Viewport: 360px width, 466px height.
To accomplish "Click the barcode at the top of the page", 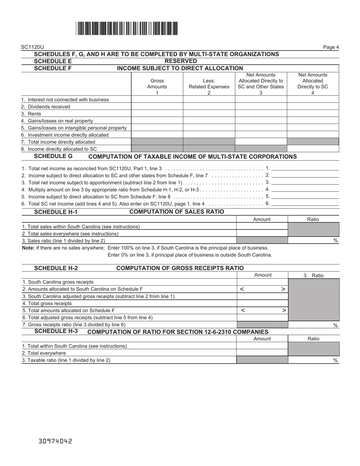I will pos(127,29).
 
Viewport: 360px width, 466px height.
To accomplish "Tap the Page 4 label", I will pos(331,47).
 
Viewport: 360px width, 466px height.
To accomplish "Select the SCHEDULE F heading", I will pos(53,68).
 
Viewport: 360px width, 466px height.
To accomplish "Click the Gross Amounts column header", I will pos(157,84).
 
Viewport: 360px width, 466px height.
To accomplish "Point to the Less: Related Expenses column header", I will pos(209,84).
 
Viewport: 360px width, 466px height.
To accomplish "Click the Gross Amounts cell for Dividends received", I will pos(157,107).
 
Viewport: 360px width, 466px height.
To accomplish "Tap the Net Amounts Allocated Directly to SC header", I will pos(313,84).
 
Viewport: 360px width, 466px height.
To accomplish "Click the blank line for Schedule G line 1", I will pos(305,168).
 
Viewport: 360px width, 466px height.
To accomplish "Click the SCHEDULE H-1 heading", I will pos(56,212).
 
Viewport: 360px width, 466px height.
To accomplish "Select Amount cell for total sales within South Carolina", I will pos(262,227).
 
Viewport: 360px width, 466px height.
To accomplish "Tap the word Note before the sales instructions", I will pos(28,248).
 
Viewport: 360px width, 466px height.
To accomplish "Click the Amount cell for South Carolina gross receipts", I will pos(263,282).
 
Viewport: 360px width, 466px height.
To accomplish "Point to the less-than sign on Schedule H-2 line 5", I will pos(243,310).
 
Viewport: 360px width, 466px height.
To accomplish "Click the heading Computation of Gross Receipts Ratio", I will pos(180,268).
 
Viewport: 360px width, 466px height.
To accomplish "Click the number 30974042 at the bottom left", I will pos(55,441).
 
